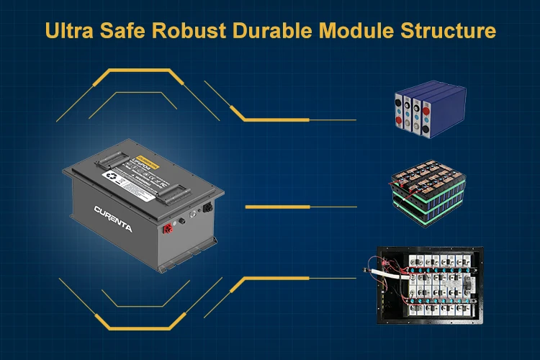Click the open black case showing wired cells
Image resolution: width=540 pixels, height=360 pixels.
pos(428,284)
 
